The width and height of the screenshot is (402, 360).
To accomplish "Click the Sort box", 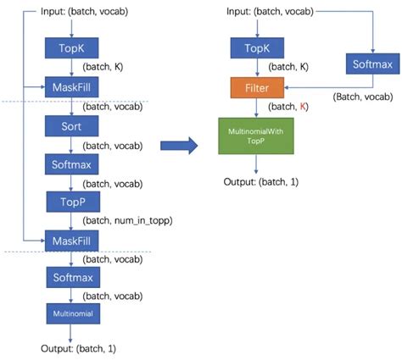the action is pyautogui.click(x=72, y=126).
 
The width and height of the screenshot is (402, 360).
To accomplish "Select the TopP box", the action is pyautogui.click(x=73, y=202).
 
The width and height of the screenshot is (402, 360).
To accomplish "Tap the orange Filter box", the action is pyautogui.click(x=257, y=88).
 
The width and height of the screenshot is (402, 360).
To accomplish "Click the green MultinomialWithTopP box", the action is pyautogui.click(x=256, y=136).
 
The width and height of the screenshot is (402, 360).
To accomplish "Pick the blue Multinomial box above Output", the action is pyautogui.click(x=73, y=313).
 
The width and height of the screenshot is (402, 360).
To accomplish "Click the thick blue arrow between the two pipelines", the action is pyautogui.click(x=179, y=146).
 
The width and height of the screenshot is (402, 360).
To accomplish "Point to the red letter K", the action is pyautogui.click(x=303, y=107).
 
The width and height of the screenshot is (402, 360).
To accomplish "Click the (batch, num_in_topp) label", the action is pyautogui.click(x=127, y=220).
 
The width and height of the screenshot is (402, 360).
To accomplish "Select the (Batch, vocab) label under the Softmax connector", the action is pyautogui.click(x=363, y=97).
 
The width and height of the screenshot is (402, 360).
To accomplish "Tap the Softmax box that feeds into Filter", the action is pyautogui.click(x=373, y=64).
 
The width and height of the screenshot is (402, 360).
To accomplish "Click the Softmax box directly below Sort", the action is pyautogui.click(x=72, y=164).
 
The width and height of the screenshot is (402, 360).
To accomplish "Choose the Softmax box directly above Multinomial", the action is pyautogui.click(x=73, y=278).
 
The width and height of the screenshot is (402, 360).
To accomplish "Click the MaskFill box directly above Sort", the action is pyautogui.click(x=72, y=87).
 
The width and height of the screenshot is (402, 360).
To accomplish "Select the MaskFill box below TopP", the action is pyautogui.click(x=72, y=241).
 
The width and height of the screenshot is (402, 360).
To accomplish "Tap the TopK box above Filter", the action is pyautogui.click(x=257, y=48).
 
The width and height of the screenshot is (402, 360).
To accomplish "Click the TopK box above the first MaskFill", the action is pyautogui.click(x=72, y=48).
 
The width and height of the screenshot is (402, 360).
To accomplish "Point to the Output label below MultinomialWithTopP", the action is pyautogui.click(x=261, y=182).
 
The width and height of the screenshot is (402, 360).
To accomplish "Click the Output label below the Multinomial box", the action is pyautogui.click(x=78, y=349).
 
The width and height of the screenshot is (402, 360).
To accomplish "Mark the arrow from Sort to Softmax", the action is pyautogui.click(x=71, y=145).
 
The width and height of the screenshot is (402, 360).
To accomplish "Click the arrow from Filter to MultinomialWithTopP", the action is pyautogui.click(x=256, y=108).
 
